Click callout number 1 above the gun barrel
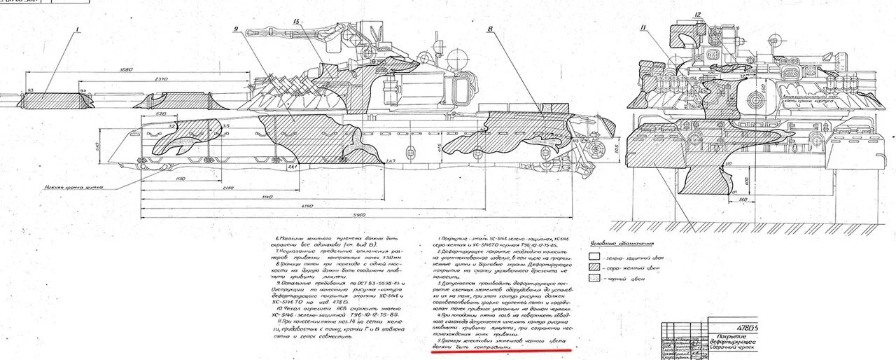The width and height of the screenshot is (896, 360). click(78, 30)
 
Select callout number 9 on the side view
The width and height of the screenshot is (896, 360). click(236, 30)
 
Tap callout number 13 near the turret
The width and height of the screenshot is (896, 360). click(297, 23)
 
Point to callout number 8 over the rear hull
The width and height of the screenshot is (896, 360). click(490, 30)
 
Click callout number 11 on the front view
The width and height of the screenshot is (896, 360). click(643, 27)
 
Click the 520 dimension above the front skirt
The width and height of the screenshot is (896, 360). click(161, 113)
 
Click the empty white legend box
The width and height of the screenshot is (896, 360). click(594, 257)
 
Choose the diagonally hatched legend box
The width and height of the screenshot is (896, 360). click(594, 268)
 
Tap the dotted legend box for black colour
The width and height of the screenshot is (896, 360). click(594, 278)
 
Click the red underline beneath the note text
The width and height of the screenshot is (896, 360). click(500, 352)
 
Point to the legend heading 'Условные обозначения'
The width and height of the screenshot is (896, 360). click(622, 244)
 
